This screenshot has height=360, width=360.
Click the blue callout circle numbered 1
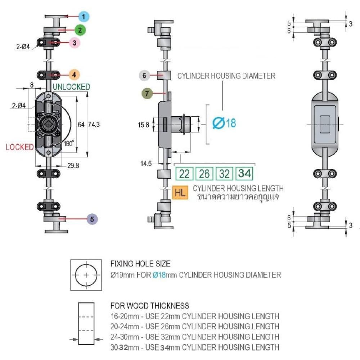(84, 17)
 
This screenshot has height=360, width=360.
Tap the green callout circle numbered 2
(80, 30)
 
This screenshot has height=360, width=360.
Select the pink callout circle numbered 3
(75, 43)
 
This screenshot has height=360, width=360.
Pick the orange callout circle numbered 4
(74, 75)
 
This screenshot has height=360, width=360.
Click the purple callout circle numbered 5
(92, 219)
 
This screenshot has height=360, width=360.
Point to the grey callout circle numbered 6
(144, 75)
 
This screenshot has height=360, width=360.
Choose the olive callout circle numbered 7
(147, 93)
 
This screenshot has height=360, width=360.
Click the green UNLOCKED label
(71, 87)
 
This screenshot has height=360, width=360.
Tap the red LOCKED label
(20, 147)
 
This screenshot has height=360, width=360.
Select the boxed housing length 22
(184, 174)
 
